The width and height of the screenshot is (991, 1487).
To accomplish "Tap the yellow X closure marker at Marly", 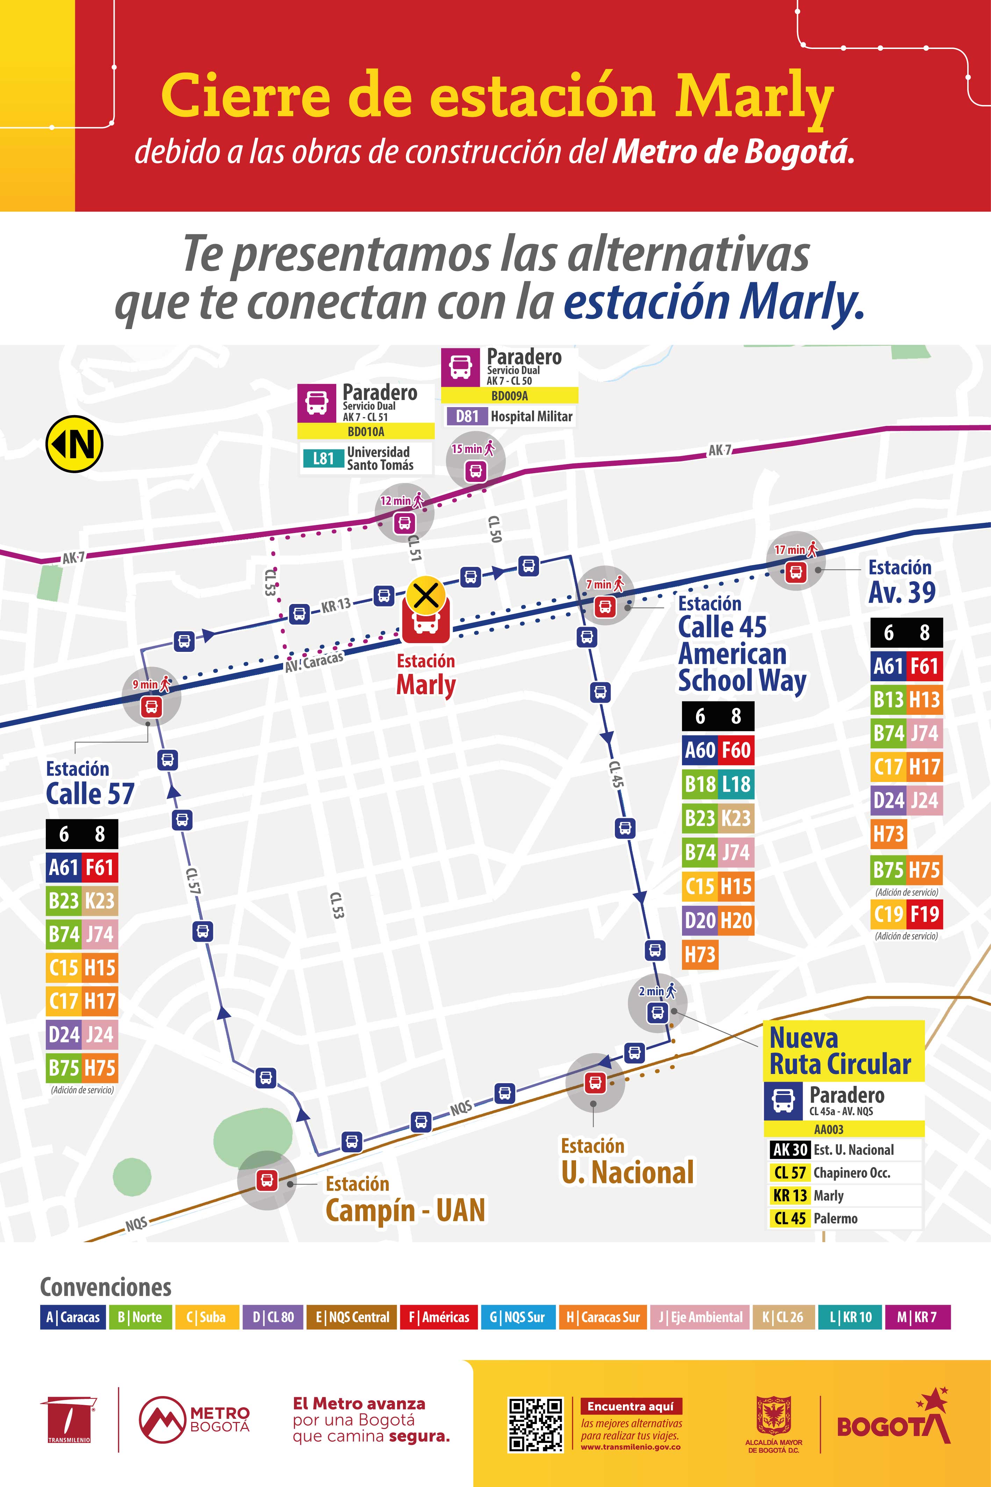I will coord(426,595).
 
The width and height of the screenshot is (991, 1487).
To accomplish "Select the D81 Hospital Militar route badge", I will coord(467,416).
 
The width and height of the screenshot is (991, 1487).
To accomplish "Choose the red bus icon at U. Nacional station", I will coord(594,1082).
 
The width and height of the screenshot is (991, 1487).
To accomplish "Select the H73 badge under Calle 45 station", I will coord(699,954).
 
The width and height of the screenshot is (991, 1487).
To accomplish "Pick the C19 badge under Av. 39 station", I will coord(888,913).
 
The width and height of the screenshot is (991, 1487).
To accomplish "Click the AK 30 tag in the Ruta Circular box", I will coord(789,1150).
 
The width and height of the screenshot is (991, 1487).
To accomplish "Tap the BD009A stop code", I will coord(509,396).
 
